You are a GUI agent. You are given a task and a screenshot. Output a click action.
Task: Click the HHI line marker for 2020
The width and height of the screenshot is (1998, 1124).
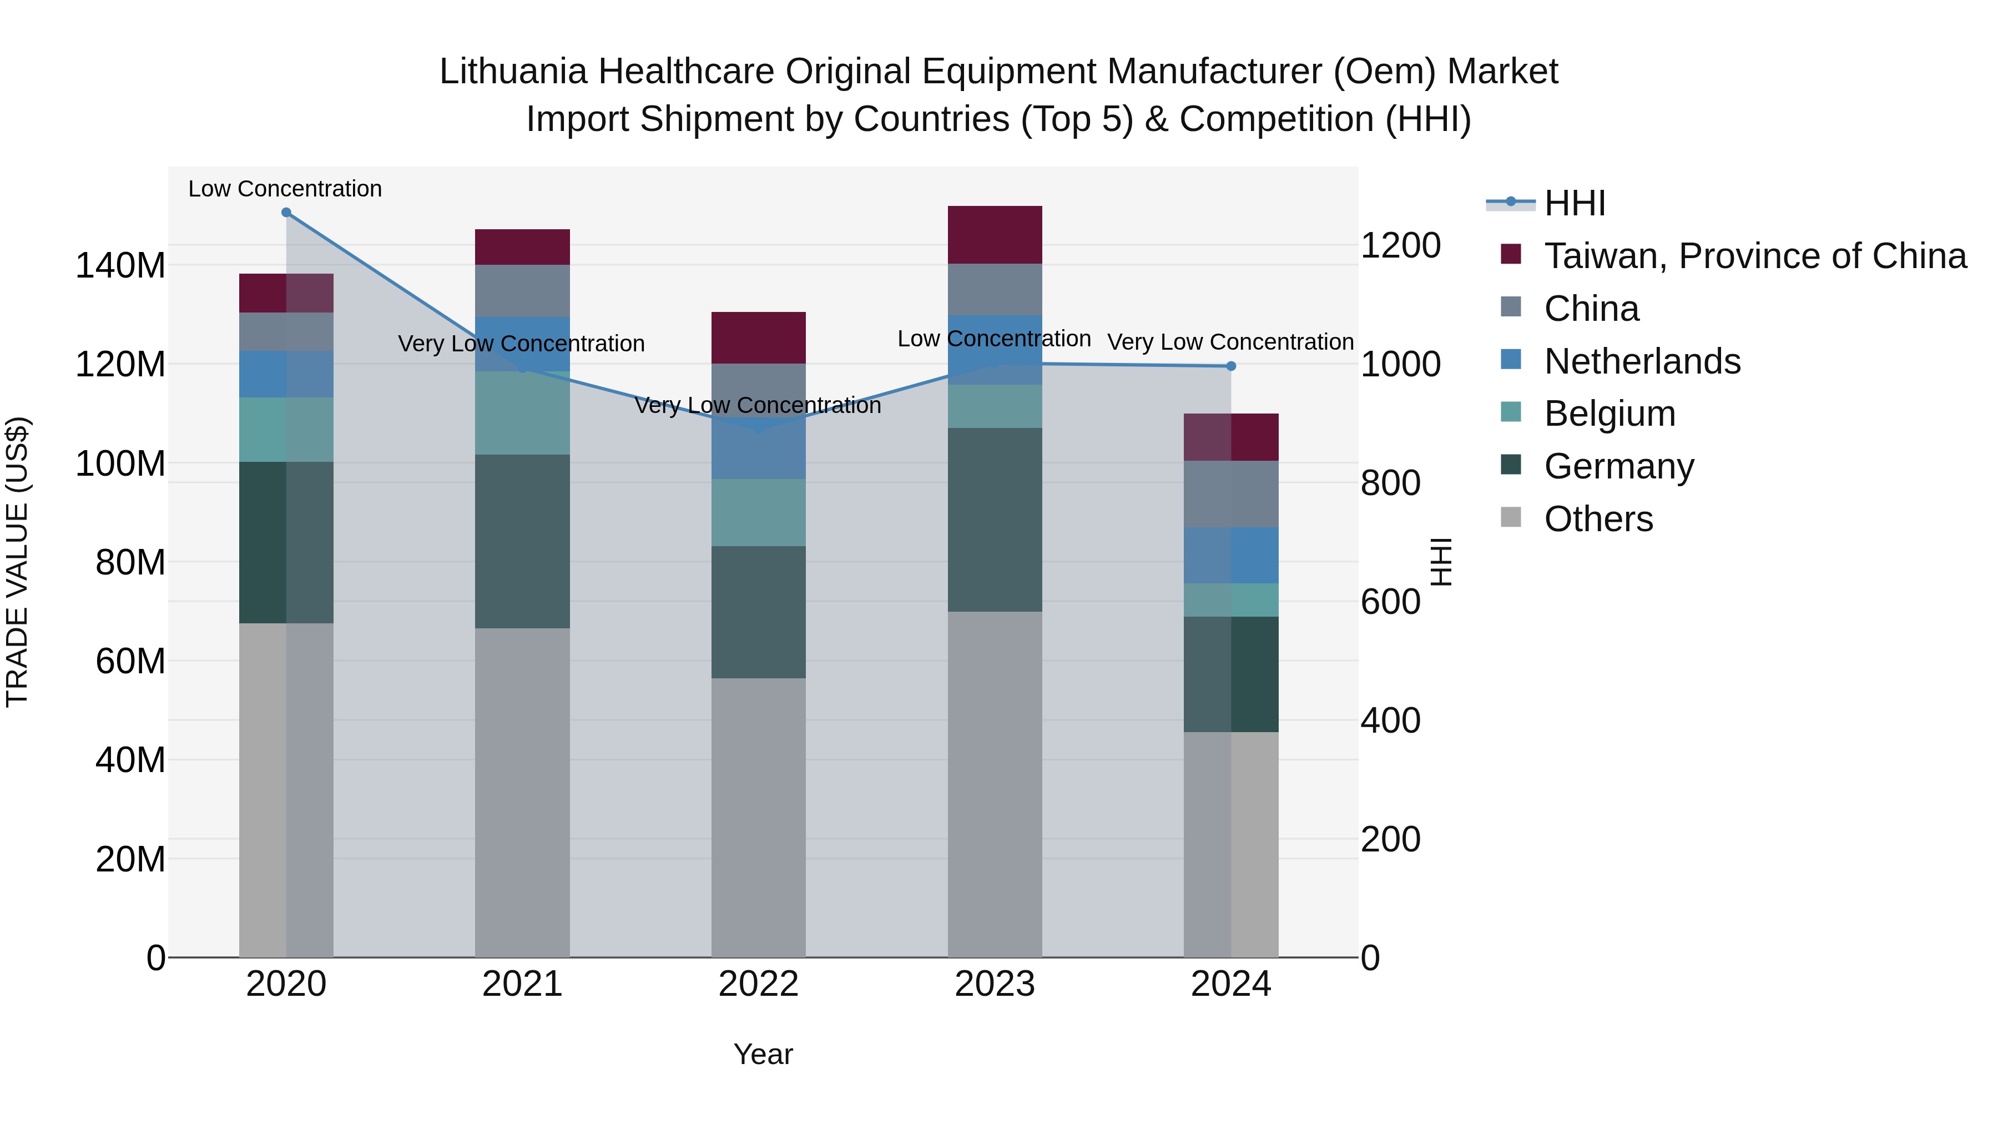pos(286,213)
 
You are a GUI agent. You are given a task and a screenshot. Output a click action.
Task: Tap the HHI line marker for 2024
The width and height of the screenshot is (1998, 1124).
pos(1231,366)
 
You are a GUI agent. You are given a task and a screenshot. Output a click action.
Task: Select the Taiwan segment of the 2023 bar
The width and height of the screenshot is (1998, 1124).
pos(995,235)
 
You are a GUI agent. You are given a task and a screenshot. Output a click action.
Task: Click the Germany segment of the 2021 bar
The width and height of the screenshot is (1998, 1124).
pos(522,541)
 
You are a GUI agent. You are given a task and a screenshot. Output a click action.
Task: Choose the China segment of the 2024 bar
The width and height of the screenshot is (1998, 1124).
pos(1231,494)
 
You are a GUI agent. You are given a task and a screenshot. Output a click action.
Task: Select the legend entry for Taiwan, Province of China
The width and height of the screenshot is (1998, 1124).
pos(1754,256)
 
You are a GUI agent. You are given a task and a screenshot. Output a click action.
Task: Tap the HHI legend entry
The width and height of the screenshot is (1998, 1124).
pos(1574,203)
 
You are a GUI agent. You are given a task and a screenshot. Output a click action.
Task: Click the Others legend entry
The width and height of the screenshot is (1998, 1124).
pos(1598,519)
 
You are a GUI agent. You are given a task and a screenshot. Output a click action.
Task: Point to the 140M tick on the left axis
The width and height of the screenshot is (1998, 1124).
pos(120,266)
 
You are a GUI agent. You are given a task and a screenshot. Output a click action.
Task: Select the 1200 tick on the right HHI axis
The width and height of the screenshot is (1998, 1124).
pos(1401,245)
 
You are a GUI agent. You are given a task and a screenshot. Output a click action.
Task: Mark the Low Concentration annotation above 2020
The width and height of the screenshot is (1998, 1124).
pos(285,189)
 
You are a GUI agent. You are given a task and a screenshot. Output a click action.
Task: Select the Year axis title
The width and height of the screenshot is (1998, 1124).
pos(763,1054)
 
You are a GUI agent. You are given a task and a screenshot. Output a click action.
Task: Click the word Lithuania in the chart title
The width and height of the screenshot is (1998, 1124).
pos(513,72)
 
